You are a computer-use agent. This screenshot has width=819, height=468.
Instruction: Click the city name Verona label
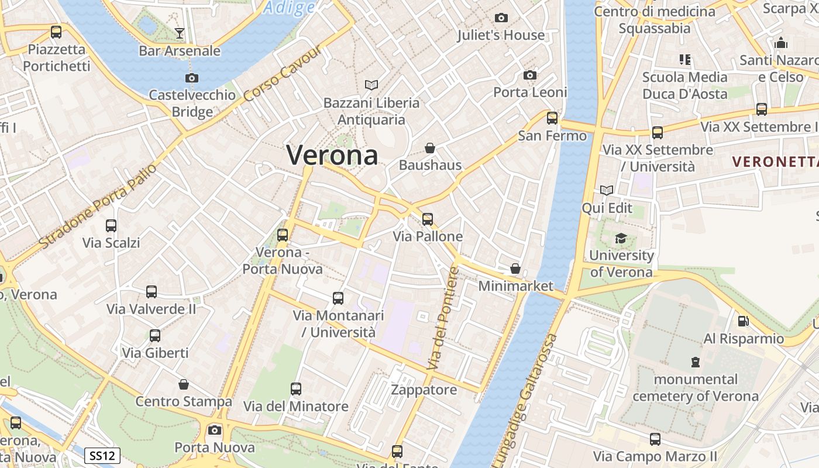[x=332, y=155]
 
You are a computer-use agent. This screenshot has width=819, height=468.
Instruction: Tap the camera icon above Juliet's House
[x=501, y=18]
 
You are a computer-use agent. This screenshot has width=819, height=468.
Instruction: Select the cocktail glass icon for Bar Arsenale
[x=180, y=33]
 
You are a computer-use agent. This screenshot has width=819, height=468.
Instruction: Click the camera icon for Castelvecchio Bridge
[x=191, y=78]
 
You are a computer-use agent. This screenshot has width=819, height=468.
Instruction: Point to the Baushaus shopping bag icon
[x=430, y=148]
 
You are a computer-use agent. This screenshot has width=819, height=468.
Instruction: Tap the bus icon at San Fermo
[x=552, y=119]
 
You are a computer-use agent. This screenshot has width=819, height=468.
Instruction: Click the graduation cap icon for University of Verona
[x=621, y=239]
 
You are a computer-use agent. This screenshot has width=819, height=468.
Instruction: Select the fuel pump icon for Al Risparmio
[x=743, y=321]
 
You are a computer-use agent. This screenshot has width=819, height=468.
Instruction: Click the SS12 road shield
[x=102, y=455]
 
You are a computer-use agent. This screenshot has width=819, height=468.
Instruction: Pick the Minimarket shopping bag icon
[x=515, y=269]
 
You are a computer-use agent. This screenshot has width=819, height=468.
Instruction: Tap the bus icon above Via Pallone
[x=428, y=219]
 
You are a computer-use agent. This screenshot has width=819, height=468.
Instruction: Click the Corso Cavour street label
[x=283, y=74]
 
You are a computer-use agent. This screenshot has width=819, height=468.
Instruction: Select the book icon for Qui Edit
[x=607, y=191]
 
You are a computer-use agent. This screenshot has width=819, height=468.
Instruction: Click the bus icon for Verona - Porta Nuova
[x=283, y=235]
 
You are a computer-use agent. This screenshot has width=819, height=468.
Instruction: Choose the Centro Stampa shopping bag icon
[x=184, y=384]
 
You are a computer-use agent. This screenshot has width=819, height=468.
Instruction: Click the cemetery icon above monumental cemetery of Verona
[x=695, y=362]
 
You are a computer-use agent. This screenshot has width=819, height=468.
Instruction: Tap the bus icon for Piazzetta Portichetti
[x=56, y=32]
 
